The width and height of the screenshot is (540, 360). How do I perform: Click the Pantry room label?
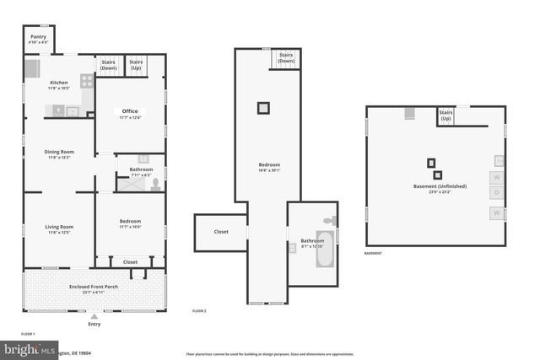(x=38, y=37)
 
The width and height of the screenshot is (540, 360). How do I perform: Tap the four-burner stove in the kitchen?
(x=86, y=81)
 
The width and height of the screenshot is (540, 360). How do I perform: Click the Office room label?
(x=129, y=111)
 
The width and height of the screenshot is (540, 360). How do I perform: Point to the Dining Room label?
(x=59, y=152)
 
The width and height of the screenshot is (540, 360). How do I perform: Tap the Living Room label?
(x=59, y=226)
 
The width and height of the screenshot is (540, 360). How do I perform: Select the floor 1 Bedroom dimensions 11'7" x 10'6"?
(x=129, y=227)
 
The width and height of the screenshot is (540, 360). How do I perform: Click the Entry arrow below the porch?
(x=94, y=316)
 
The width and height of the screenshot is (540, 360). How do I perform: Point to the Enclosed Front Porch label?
(x=94, y=287)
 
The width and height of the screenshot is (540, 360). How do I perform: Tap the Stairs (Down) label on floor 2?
(x=286, y=57)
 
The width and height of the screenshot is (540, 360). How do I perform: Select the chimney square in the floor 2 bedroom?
(x=264, y=107)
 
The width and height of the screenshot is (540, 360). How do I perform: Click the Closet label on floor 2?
(x=221, y=231)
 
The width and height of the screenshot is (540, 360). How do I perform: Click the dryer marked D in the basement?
(x=497, y=193)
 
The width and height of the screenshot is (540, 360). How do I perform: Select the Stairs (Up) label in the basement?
(x=445, y=116)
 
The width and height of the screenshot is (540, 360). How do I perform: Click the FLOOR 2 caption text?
(x=199, y=312)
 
